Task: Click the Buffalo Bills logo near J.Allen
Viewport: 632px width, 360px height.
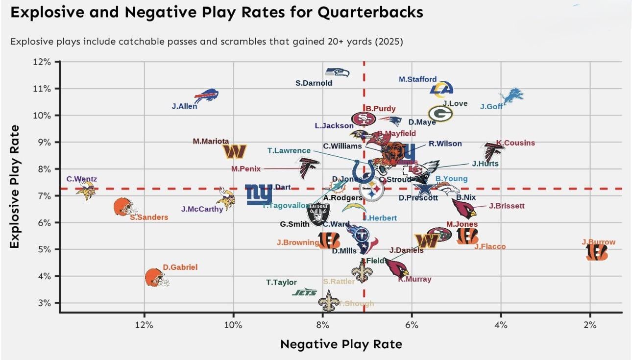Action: point(206,95)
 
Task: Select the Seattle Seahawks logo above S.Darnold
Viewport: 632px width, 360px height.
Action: point(338,72)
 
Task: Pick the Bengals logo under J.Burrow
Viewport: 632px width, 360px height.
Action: point(597,253)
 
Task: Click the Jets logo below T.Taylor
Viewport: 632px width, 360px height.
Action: point(305,292)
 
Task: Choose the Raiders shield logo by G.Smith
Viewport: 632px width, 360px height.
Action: point(318,214)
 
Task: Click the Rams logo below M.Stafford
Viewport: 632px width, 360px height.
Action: point(441,89)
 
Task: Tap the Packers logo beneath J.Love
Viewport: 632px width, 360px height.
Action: point(440,114)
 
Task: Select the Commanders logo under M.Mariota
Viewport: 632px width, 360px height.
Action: point(235,151)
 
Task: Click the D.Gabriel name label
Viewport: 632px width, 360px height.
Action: point(180,267)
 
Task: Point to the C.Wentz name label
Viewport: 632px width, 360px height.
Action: point(82,179)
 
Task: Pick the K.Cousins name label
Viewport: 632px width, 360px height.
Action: point(515,143)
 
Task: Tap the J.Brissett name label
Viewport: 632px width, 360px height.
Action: point(507,206)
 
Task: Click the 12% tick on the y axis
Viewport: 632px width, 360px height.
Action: point(42,62)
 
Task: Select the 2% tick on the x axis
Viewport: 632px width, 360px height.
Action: point(590,325)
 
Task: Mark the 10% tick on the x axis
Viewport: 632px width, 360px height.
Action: point(233,325)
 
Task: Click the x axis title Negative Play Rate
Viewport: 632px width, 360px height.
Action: point(341,344)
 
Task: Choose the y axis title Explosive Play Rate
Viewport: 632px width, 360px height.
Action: point(15,186)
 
